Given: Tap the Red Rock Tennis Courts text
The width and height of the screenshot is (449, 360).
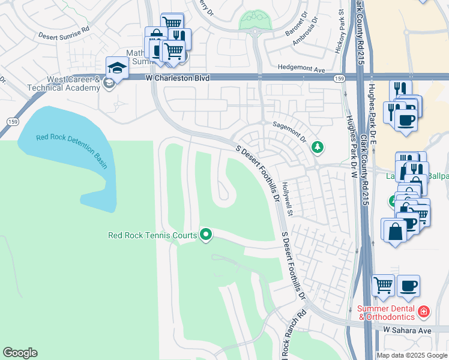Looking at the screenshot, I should pyautogui.click(x=152, y=235).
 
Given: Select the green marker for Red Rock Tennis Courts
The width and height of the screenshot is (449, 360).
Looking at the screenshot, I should pyautogui.click(x=206, y=234).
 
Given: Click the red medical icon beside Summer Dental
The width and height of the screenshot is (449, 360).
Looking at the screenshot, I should pyautogui.click(x=424, y=311).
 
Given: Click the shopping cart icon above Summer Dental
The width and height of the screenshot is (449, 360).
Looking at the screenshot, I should pyautogui.click(x=383, y=286).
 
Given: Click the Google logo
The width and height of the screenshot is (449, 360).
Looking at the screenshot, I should pyautogui.click(x=20, y=353).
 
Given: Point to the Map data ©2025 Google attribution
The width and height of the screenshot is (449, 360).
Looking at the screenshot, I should pyautogui.click(x=411, y=355).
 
